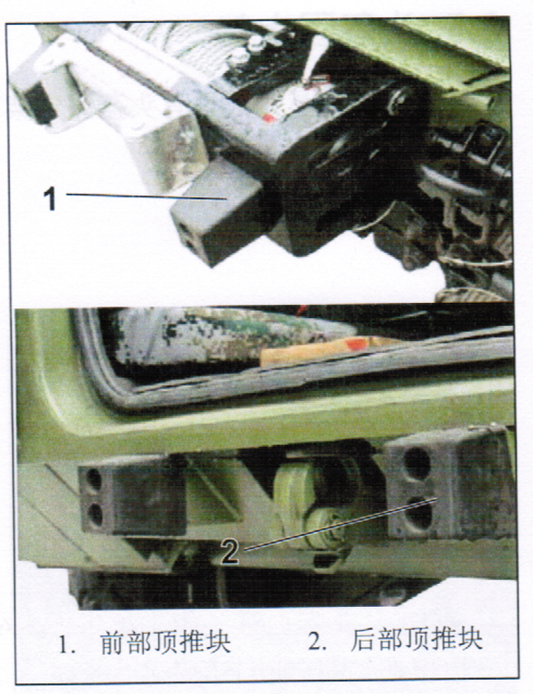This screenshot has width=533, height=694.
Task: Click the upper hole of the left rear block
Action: [94, 479]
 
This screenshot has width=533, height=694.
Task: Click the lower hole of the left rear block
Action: [95, 515]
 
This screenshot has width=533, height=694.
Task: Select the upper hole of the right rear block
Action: [417, 463]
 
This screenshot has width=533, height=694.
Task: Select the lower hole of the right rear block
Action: [418, 512]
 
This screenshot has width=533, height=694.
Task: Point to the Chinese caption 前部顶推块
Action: [166, 642]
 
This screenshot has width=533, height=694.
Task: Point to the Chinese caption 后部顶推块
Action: [417, 640]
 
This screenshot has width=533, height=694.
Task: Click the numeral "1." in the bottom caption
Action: [67, 645]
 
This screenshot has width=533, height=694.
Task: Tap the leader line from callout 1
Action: [146, 196]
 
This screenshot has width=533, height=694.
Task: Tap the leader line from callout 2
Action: [339, 524]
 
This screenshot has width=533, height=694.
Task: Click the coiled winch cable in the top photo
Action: [186, 39]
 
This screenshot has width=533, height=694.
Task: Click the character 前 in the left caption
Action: [114, 642]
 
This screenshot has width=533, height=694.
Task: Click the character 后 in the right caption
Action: [364, 640]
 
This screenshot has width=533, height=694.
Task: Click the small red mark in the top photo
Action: [267, 117]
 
